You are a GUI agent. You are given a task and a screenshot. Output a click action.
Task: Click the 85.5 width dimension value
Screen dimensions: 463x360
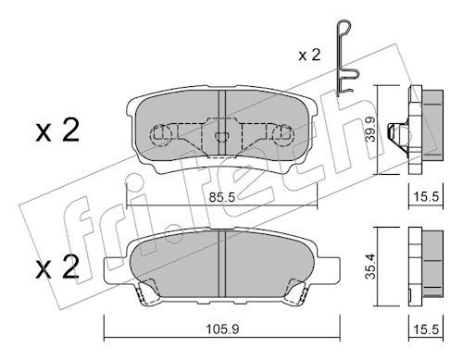click(222, 197)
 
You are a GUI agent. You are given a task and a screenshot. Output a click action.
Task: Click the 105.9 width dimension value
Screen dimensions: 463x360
click(222, 329)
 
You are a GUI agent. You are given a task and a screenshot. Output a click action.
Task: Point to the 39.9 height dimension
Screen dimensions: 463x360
click(370, 129)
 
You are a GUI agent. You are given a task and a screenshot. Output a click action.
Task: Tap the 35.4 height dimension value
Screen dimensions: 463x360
click(370, 267)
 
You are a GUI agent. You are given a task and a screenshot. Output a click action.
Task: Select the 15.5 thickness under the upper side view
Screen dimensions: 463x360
click(426, 197)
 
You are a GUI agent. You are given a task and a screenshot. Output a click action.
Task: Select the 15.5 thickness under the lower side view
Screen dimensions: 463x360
click(426, 329)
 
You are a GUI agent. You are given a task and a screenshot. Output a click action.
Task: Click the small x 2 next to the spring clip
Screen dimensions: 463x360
click(309, 56)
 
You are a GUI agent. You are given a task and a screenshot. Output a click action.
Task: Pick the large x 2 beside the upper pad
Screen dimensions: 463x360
click(57, 130)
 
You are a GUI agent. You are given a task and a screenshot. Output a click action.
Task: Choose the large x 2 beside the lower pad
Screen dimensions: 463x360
click(57, 267)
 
